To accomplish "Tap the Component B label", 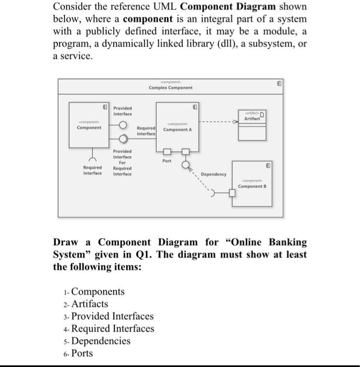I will [x=253, y=186].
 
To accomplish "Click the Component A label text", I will [x=178, y=129].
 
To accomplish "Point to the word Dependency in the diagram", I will [x=213, y=174].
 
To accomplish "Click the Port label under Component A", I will [x=167, y=161].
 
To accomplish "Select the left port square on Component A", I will [x=167, y=152].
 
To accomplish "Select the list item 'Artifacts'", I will [x=89, y=304].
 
